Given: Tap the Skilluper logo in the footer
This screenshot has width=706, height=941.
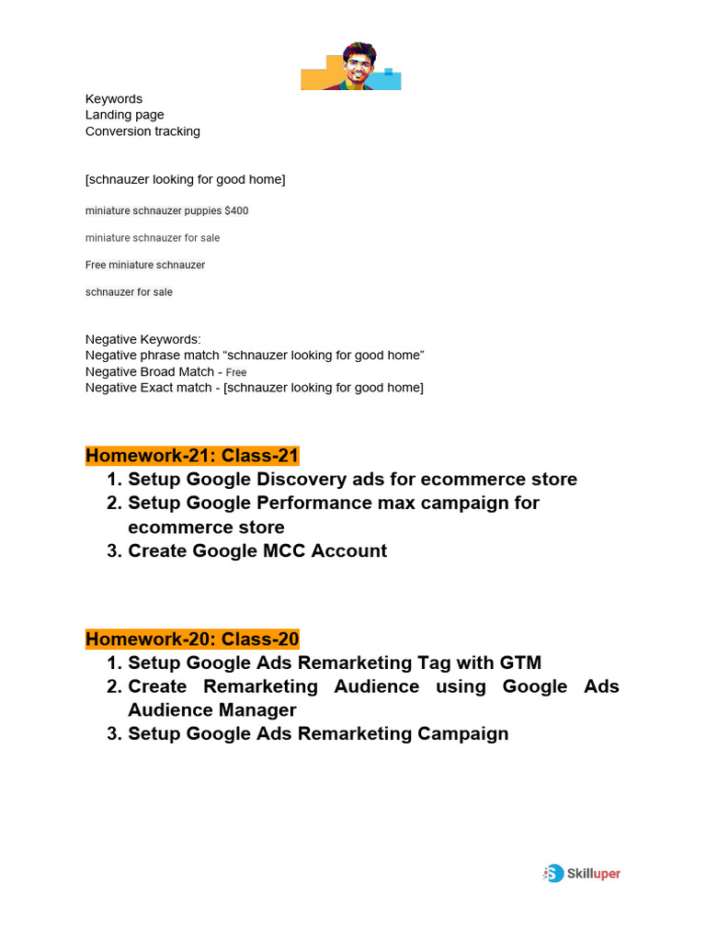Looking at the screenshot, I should pyautogui.click(x=582, y=873).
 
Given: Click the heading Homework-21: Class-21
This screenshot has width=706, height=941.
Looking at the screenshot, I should pyautogui.click(x=192, y=456).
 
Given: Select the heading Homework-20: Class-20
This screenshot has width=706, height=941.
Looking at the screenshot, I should pyautogui.click(x=192, y=639).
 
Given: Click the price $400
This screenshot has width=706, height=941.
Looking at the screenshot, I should pyautogui.click(x=236, y=211).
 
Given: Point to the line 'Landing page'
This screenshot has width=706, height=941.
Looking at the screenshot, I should pyautogui.click(x=125, y=115).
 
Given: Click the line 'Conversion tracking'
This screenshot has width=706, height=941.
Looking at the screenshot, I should pyautogui.click(x=142, y=131).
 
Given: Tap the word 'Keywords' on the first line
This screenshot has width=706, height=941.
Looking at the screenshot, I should pyautogui.click(x=114, y=99).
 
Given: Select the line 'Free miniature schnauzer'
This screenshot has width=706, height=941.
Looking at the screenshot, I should pyautogui.click(x=145, y=266).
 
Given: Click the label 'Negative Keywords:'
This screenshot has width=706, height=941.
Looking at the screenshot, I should pyautogui.click(x=142, y=339).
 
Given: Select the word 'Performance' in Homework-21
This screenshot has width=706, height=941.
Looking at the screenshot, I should pyautogui.click(x=309, y=504).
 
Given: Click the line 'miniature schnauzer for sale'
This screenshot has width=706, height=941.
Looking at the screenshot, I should pyautogui.click(x=153, y=238).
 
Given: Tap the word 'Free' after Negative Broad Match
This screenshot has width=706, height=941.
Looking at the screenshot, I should pyautogui.click(x=236, y=373).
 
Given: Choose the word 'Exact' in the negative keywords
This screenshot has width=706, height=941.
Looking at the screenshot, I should pyautogui.click(x=158, y=388).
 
